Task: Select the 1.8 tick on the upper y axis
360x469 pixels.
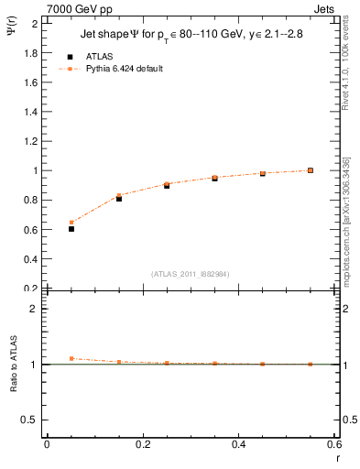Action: click(32, 53)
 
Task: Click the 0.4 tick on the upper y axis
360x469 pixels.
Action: click(32, 259)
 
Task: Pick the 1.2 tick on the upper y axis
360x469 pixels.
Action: click(32, 141)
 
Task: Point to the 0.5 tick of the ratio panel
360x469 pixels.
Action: click(32, 420)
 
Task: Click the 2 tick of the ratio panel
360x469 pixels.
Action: click(35, 309)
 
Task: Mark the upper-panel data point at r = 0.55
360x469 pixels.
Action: click(311, 170)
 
